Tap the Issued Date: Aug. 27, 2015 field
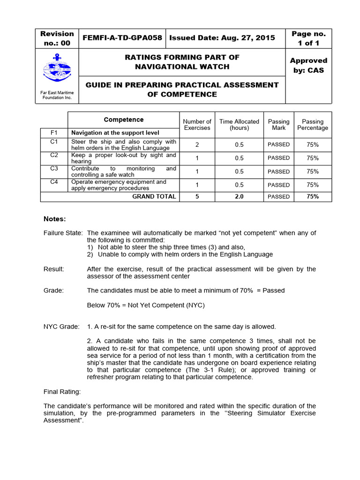coord(222,38)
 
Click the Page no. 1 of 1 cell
coord(308,38)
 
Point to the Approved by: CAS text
coord(308,65)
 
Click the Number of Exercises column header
coord(197,124)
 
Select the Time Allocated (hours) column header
coord(239,124)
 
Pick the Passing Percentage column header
coord(312,124)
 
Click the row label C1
coord(54,141)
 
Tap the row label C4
coord(54,182)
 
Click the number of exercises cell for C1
coord(197,144)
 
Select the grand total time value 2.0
coord(239,196)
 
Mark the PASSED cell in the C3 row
coord(278,172)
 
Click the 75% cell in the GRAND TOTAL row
coord(312,196)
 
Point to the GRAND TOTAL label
coord(154,196)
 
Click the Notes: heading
coord(55,219)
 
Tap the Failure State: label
coord(63,233)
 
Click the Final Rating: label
coord(62,391)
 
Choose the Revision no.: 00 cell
coord(57,38)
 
